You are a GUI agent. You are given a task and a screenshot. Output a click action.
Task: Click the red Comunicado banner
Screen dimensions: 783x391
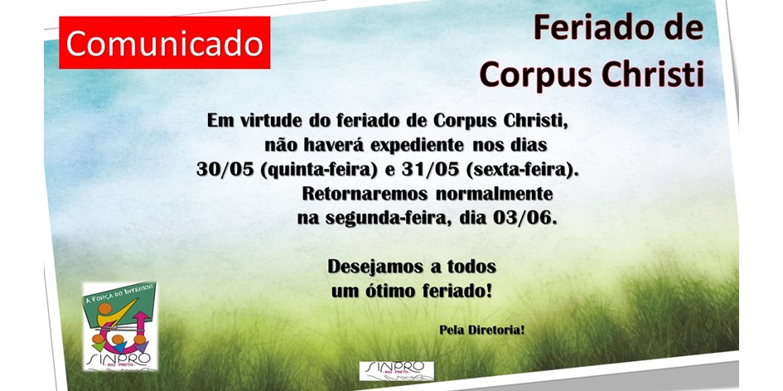[x=164, y=42]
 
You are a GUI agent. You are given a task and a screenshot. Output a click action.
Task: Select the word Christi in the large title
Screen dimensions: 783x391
[x=653, y=74]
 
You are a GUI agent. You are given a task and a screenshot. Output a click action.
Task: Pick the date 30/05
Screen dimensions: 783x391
[x=225, y=169]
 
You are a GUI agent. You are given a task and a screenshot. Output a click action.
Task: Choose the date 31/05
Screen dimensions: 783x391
[x=430, y=169]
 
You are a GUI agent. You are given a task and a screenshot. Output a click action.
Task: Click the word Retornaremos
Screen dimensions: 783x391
[x=365, y=193]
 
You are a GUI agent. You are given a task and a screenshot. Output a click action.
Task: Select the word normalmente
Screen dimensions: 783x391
[x=494, y=193]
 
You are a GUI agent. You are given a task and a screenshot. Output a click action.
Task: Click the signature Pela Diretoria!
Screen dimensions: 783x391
[x=482, y=330]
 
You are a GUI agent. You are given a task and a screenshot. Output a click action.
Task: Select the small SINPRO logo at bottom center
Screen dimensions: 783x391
[x=397, y=370]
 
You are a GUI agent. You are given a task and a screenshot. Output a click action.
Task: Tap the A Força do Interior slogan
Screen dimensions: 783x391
[x=120, y=292]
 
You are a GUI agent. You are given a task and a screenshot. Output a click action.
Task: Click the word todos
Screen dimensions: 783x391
[x=471, y=267]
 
